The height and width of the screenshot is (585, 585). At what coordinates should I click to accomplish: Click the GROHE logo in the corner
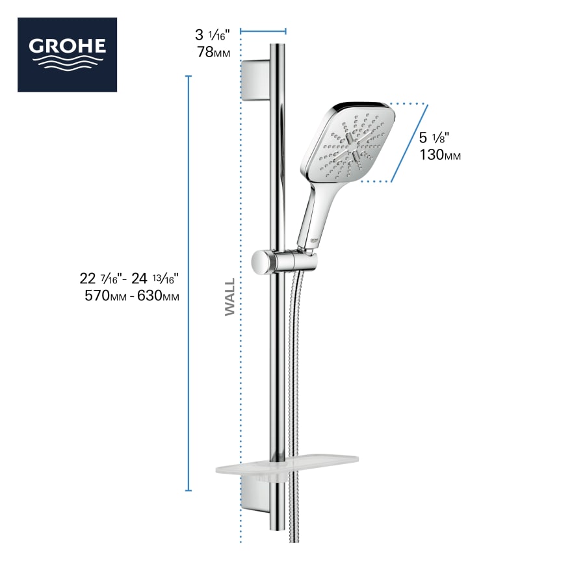(x=67, y=55)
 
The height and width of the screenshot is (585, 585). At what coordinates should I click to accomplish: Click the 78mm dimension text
(x=214, y=53)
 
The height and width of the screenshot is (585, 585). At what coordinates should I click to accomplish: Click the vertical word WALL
(x=230, y=298)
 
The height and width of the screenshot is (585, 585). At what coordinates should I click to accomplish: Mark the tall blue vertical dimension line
(x=188, y=283)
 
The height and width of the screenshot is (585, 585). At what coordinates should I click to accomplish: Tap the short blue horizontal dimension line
(x=263, y=30)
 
